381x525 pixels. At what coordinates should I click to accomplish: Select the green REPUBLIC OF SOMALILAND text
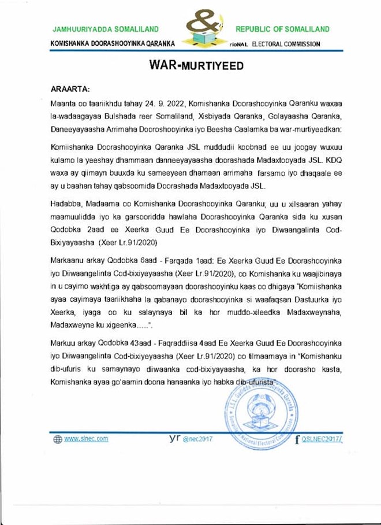pyautogui.click(x=282, y=29)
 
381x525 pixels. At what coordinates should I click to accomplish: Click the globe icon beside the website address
pyautogui.click(x=57, y=439)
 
